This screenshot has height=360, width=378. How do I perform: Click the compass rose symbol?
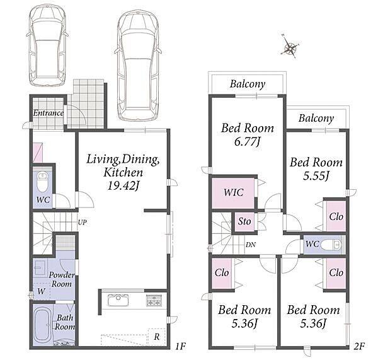pos(290,47)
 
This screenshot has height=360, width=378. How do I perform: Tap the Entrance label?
pos(49,113)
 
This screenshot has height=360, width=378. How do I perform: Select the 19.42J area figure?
pos(123,186)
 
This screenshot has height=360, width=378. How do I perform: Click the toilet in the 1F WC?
pos(43,182)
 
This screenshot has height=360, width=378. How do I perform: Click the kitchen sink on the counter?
pos(118,300)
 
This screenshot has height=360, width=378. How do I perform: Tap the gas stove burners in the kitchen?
pos(154,301)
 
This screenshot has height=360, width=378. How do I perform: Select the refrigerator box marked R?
pos(157,337)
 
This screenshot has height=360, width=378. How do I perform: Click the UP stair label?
pos(82,222)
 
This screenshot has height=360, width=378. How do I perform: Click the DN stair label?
pos(251,245)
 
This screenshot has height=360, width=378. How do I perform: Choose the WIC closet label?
pos(233,192)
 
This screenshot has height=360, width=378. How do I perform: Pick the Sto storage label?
pos(244,221)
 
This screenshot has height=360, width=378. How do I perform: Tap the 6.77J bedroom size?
pos(248,142)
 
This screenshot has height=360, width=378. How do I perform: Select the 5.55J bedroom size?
pos(316,176)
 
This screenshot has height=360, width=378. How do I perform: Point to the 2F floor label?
pos(359,347)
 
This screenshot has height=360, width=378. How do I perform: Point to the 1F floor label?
pos(180,347)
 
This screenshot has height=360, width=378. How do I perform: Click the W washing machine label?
pos(41,291)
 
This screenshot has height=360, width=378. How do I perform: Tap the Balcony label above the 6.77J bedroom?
pos(248,84)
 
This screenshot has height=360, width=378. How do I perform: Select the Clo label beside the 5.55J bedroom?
pos(336,216)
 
